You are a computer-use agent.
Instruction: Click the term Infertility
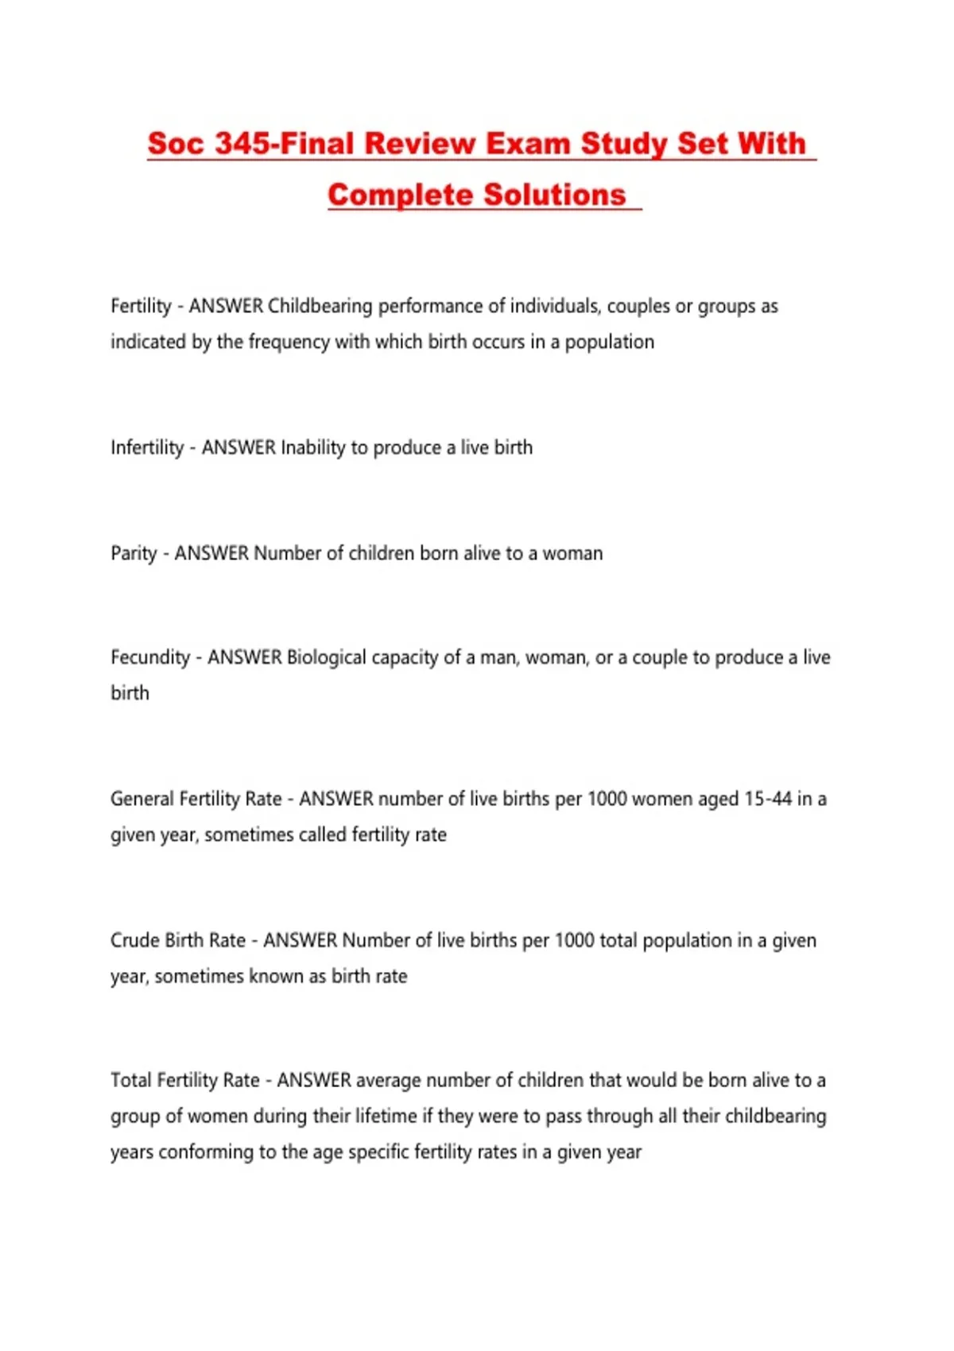tap(147, 447)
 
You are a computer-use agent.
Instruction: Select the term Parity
tap(134, 553)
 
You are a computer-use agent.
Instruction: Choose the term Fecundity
tap(150, 657)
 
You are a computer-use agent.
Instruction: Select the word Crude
tap(134, 940)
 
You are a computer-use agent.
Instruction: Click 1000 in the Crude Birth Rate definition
tap(574, 940)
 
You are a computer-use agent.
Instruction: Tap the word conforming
tap(206, 1152)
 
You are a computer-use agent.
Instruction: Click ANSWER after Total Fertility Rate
tap(314, 1080)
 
